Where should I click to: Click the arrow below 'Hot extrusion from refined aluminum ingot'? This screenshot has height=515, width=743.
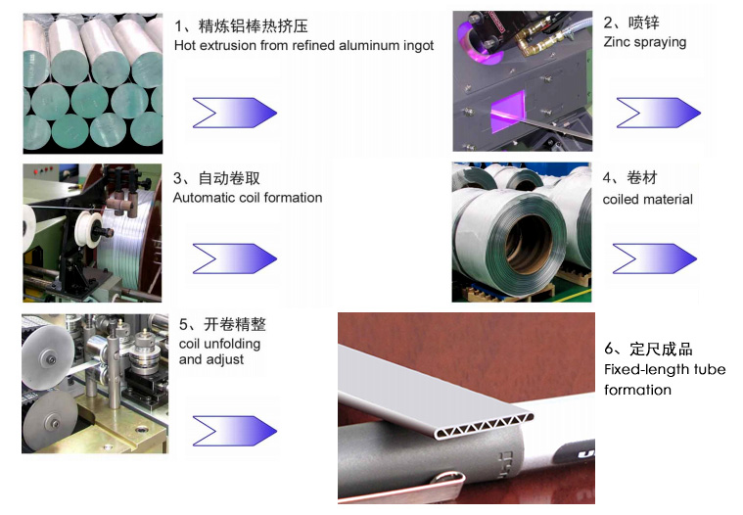pyautogui.click(x=235, y=113)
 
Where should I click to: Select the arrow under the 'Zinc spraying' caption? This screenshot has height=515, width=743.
pyautogui.click(x=658, y=113)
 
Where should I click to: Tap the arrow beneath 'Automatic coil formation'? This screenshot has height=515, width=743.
pyautogui.click(x=235, y=258)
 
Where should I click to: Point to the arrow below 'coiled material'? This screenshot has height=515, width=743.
pyautogui.click(x=654, y=258)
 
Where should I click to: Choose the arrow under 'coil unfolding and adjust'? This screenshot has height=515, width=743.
pyautogui.click(x=235, y=431)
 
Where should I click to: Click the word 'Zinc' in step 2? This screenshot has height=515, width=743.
pyautogui.click(x=616, y=42)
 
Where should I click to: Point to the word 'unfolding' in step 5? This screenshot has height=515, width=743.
pyautogui.click(x=232, y=344)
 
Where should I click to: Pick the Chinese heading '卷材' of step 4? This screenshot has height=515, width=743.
pyautogui.click(x=642, y=177)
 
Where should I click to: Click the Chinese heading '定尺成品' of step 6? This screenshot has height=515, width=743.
pyautogui.click(x=661, y=350)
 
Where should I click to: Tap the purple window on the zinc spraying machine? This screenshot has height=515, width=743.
pyautogui.click(x=508, y=112)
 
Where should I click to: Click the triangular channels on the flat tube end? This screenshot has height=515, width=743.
pyautogui.click(x=483, y=426)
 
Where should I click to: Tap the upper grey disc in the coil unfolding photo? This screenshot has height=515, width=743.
pyautogui.click(x=48, y=357)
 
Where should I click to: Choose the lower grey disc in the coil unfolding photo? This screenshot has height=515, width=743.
pyautogui.click(x=50, y=422)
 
